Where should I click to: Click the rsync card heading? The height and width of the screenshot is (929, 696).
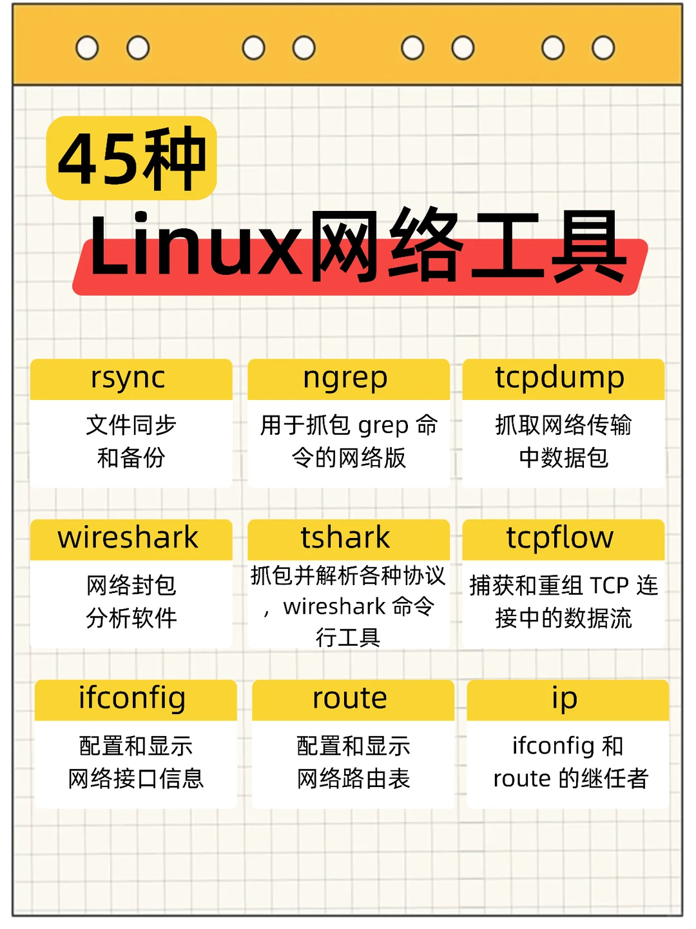128,378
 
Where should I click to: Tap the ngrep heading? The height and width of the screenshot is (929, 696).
345,378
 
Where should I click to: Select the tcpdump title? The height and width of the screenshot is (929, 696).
559,378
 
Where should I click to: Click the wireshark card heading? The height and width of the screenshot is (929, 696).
128,538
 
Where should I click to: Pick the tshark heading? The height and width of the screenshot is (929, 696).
345,538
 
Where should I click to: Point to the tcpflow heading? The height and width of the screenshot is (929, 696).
559,538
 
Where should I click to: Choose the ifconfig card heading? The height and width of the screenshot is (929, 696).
132,699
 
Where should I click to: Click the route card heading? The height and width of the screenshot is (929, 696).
350,699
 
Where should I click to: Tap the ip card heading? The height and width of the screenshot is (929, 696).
565,699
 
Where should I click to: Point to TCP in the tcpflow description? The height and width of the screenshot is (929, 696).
609,586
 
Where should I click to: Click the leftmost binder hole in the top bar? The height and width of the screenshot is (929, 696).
87,48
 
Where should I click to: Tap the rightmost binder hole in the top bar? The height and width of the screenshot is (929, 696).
603,48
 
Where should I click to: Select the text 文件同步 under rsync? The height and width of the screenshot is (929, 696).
131,425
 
